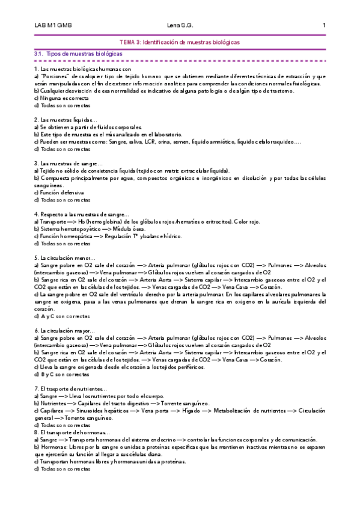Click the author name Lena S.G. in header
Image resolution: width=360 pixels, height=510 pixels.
(180, 26)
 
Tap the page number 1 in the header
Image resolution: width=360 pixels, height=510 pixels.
(324, 26)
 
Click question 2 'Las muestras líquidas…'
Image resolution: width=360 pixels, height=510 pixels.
(62, 120)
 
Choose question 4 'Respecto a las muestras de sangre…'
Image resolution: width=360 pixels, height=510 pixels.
(82, 214)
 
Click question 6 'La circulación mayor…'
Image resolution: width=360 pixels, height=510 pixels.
(65, 331)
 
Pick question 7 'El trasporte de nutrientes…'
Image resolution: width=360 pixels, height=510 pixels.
(71, 389)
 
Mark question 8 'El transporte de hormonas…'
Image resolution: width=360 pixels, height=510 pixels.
(72, 432)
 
